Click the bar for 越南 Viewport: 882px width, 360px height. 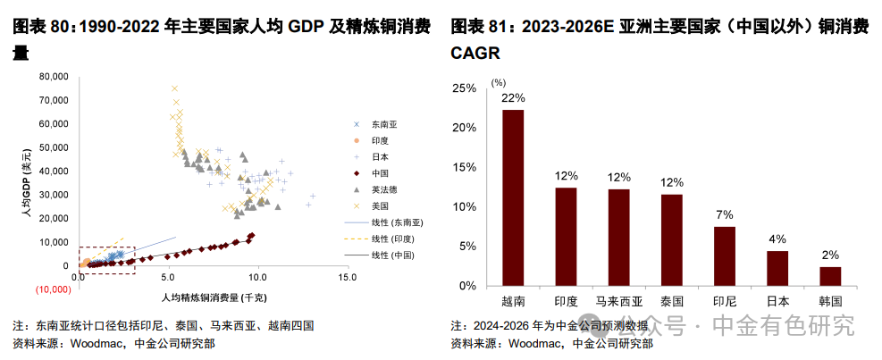(x=513, y=197)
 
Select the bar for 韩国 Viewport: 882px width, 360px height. (x=830, y=276)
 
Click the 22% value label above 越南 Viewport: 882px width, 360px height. (x=513, y=97)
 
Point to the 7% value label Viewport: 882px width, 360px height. (x=725, y=214)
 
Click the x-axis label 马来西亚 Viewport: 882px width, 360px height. (x=618, y=301)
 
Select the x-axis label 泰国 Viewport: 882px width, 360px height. (x=672, y=301)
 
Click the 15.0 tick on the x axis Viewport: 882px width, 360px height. (x=348, y=278)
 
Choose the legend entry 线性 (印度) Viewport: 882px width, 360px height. (x=391, y=238)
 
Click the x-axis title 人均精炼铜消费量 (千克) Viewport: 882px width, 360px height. (x=212, y=295)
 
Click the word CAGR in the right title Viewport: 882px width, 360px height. (x=475, y=53)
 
